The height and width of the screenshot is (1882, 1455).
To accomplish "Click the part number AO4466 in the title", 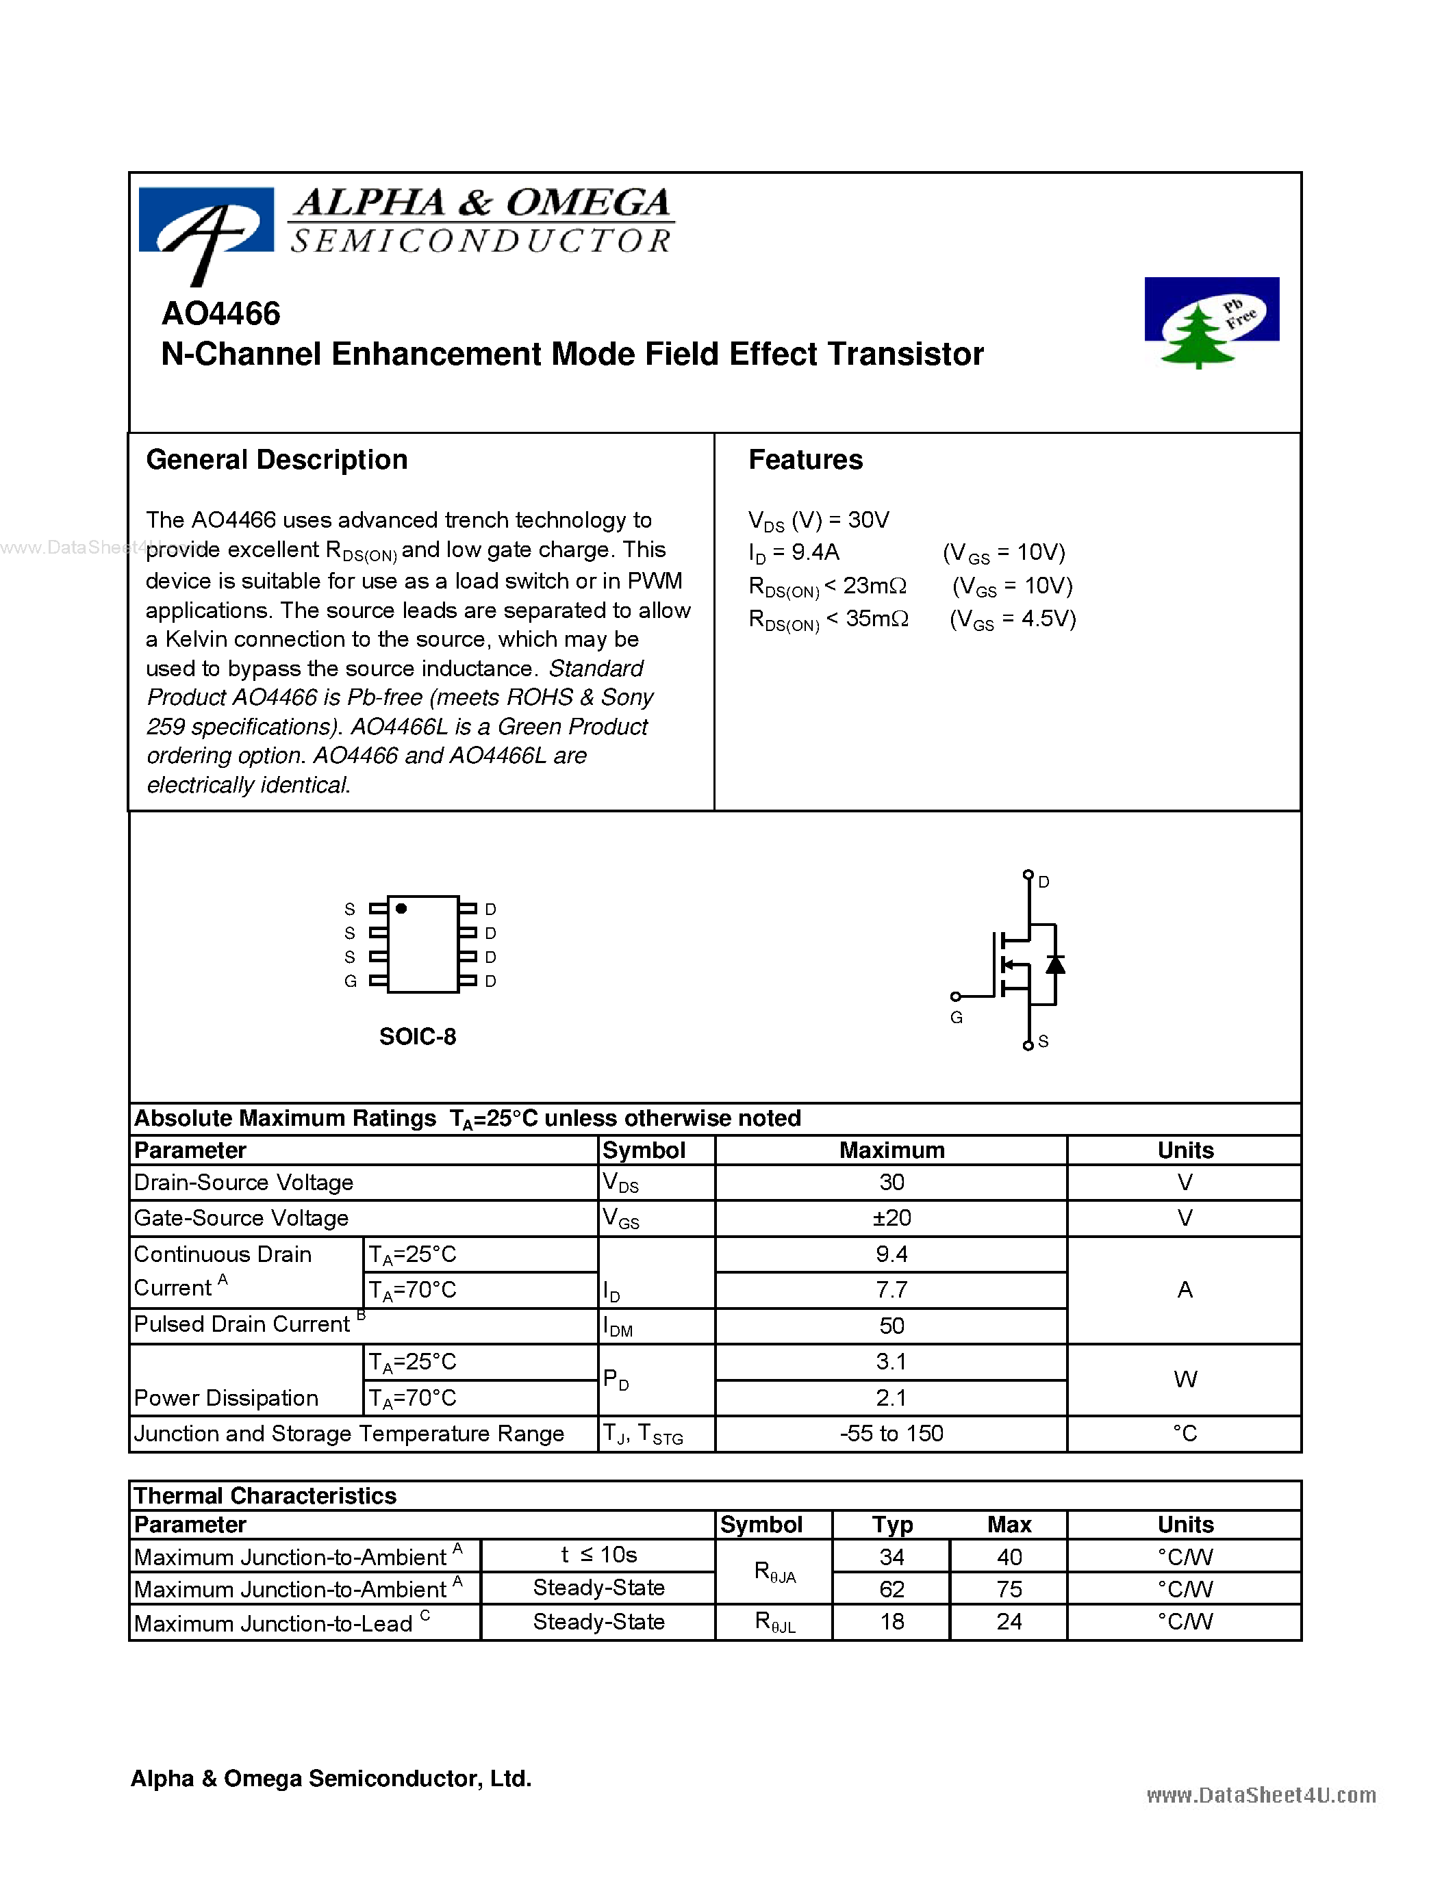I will click(220, 313).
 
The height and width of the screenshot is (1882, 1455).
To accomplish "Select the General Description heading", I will click(277, 459).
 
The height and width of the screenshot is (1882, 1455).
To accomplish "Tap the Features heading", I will click(805, 459).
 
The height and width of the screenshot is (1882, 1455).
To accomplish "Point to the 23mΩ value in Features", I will click(874, 586).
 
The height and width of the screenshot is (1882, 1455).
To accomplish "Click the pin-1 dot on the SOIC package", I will click(401, 908).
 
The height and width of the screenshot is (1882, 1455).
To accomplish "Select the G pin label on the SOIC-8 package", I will click(350, 981).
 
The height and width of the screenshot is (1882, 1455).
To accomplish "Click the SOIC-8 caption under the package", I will click(417, 1036).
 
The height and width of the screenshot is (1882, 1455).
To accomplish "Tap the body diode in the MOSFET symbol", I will click(1055, 964).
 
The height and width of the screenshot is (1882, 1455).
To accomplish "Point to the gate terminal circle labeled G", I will click(955, 997).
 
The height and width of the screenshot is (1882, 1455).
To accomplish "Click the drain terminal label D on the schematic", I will click(1044, 881).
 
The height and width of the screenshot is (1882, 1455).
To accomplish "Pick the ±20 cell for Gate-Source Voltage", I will click(891, 1217).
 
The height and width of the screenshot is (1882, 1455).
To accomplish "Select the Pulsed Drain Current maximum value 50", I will click(891, 1326).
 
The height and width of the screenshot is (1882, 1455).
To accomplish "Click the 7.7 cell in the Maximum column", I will click(891, 1289).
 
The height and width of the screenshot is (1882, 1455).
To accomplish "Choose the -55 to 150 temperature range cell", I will click(891, 1433).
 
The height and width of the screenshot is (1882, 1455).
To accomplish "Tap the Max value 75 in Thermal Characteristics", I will click(1009, 1588).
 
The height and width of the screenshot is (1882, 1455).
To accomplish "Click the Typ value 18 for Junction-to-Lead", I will click(891, 1622).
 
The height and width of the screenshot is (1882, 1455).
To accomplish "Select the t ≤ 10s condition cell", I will click(598, 1555).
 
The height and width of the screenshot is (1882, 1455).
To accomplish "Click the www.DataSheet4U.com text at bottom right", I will click(1261, 1795).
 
